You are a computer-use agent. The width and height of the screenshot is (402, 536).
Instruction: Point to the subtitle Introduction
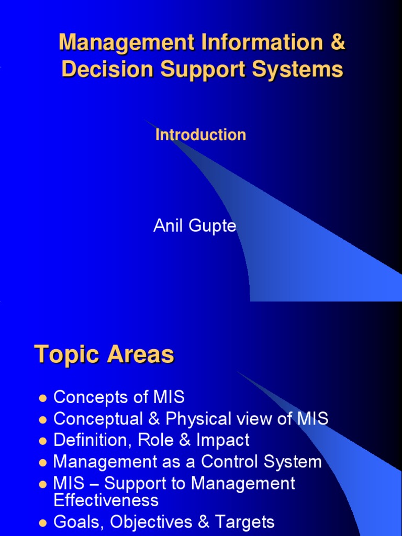tap(200, 135)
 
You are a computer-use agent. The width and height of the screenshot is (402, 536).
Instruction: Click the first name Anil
tap(167, 226)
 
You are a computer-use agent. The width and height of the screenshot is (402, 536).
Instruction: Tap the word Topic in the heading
tap(67, 355)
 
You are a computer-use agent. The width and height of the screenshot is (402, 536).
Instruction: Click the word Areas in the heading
tap(140, 355)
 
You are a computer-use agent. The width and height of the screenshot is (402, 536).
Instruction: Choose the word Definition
tap(93, 440)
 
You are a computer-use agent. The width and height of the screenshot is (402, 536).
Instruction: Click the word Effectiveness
tap(106, 500)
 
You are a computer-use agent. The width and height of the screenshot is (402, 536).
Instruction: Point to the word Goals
tap(76, 522)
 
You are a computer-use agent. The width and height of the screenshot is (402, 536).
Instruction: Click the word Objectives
tap(144, 522)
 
